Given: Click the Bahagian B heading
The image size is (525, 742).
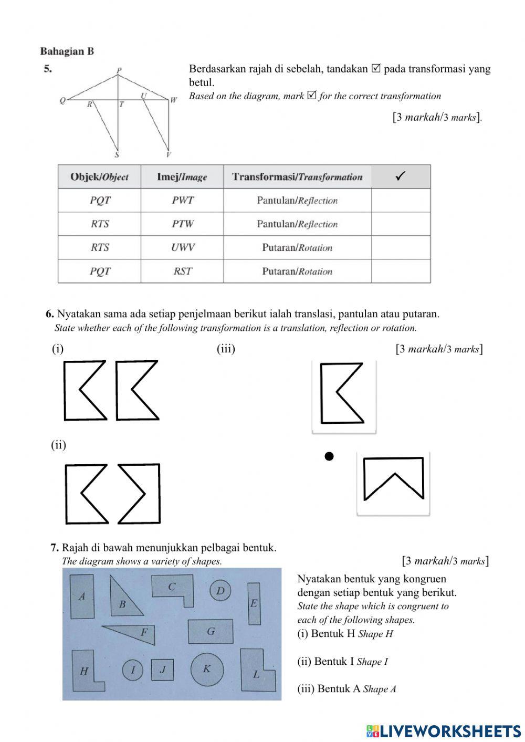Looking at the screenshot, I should click(67, 51).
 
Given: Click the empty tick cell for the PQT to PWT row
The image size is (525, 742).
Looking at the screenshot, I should click(401, 200).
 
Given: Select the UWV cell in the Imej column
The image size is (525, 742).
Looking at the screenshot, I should click(182, 247).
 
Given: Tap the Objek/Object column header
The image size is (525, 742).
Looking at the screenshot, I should click(99, 177).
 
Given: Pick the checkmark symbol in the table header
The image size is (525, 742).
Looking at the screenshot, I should click(401, 176).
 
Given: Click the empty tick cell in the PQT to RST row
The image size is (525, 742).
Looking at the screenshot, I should click(401, 271).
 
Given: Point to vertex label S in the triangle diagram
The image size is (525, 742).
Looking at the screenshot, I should click(117, 155).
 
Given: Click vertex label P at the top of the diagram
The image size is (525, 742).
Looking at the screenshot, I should click(119, 70).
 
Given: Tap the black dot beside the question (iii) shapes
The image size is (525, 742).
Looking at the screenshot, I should click(329, 456).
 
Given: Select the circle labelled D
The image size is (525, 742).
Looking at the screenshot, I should click(220, 591).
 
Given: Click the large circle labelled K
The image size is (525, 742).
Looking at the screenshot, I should click(207, 669).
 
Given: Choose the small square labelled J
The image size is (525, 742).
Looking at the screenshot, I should click(163, 670).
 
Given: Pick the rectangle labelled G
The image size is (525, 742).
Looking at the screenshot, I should click(211, 631).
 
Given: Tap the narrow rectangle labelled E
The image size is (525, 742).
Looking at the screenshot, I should click(254, 603).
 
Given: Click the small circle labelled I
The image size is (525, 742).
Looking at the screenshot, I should click(133, 670).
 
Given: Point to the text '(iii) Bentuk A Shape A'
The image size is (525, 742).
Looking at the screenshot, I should click(346, 689).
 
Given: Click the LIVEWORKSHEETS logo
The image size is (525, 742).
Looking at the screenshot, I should click(443, 730).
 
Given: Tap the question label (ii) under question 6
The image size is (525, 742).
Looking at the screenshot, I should click(59, 445).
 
